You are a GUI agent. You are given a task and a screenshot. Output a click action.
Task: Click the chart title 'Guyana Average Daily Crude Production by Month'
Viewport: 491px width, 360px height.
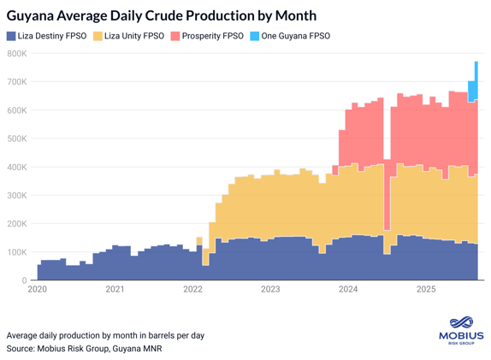click(162, 15)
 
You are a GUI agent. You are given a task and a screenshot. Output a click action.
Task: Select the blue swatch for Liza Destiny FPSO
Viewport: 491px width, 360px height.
click(11, 36)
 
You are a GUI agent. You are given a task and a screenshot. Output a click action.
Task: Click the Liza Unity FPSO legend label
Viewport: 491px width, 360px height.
click(133, 36)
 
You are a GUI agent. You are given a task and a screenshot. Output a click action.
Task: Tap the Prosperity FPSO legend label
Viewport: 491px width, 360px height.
click(212, 36)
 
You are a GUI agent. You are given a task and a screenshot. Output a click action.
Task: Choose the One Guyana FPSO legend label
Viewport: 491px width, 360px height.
click(295, 36)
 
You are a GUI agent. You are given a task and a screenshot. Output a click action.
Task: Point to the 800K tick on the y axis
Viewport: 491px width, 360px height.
click(17, 54)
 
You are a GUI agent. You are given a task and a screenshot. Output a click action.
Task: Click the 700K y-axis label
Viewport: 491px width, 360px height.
click(17, 82)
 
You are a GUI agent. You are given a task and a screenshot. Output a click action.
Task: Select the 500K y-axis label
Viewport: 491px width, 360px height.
click(17, 139)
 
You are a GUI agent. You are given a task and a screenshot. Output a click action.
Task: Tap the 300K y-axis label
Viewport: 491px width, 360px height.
click(17, 195)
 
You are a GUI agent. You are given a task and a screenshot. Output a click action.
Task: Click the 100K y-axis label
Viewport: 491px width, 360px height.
click(17, 252)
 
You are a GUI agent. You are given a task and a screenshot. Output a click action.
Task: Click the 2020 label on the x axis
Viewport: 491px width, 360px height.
click(38, 290)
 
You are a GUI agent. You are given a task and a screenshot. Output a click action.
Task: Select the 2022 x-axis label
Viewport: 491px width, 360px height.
click(192, 290)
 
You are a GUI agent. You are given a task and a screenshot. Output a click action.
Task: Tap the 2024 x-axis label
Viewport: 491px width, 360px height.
click(348, 290)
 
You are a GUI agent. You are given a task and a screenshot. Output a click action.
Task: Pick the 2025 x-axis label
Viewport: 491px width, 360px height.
click(426, 290)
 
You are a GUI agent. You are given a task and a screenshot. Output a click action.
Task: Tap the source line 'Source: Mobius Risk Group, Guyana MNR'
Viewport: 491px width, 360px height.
click(84, 349)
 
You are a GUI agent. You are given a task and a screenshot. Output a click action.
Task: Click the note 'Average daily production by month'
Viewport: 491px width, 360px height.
click(105, 335)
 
